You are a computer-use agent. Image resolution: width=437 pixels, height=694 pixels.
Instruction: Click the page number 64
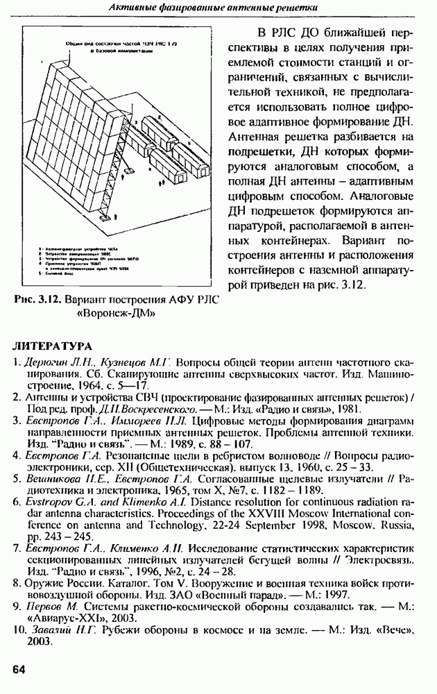[19, 669]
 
